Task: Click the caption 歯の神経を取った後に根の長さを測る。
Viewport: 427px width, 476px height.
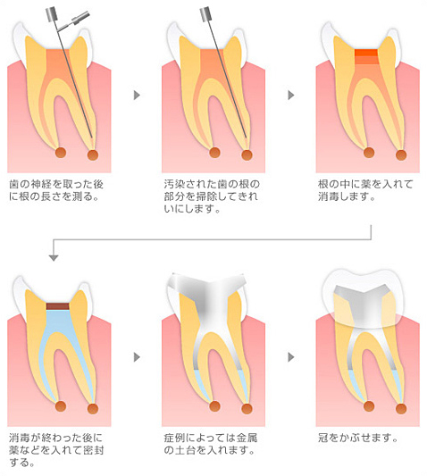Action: (x=56, y=190)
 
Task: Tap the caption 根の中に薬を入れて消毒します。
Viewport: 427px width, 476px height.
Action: (x=365, y=190)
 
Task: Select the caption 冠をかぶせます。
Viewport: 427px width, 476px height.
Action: (x=358, y=438)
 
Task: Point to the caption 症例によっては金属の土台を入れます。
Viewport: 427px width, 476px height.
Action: (x=211, y=444)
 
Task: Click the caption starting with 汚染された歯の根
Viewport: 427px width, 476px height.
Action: (x=212, y=196)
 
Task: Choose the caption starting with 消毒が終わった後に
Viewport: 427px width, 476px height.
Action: (x=56, y=450)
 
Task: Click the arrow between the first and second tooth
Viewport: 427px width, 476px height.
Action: (x=137, y=95)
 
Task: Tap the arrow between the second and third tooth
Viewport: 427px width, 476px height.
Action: (x=291, y=95)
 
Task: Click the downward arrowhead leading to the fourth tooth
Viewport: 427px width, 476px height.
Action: (x=54, y=258)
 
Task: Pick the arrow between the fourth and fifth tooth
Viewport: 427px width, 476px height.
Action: (x=137, y=357)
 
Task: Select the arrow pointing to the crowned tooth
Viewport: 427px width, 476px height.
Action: (x=291, y=357)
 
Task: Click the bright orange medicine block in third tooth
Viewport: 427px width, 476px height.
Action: (x=366, y=53)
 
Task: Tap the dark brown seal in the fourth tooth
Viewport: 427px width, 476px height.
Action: (x=58, y=306)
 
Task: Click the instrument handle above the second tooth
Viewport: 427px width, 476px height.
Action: (x=205, y=14)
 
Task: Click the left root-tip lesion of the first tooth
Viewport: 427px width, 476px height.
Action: (x=61, y=152)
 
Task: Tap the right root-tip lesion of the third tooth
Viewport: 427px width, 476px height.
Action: (x=401, y=155)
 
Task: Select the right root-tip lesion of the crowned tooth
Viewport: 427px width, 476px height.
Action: (x=401, y=409)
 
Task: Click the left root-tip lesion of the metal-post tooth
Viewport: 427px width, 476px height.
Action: (x=214, y=405)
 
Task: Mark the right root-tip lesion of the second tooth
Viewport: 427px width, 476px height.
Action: (x=247, y=155)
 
